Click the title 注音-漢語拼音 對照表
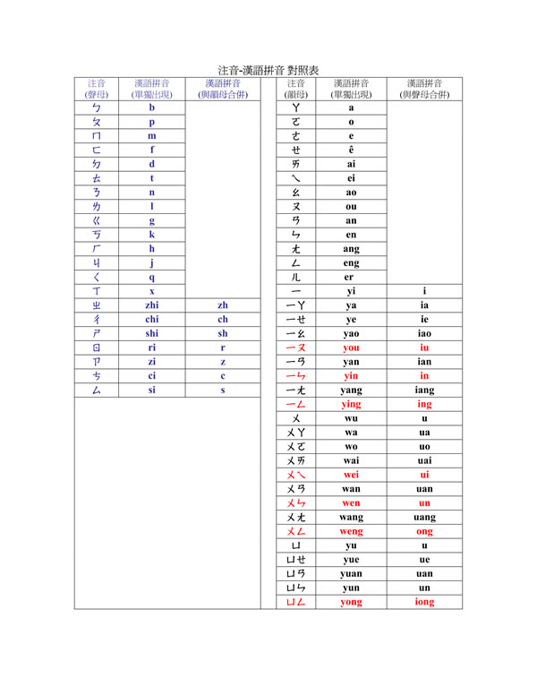pyautogui.click(x=268, y=70)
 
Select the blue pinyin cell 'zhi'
pyautogui.click(x=152, y=305)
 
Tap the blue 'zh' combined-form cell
pyautogui.click(x=223, y=305)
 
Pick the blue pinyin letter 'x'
pyautogui.click(x=152, y=291)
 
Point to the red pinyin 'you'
pyautogui.click(x=351, y=347)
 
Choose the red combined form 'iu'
pyautogui.click(x=424, y=347)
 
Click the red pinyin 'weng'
pyautogui.click(x=351, y=531)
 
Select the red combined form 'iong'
pyautogui.click(x=424, y=602)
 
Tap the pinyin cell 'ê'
pyautogui.click(x=351, y=150)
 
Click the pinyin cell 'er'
pyautogui.click(x=351, y=277)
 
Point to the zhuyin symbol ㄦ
pyautogui.click(x=295, y=277)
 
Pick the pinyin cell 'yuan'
pyautogui.click(x=351, y=573)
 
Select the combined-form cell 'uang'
pyautogui.click(x=424, y=517)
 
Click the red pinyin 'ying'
pyautogui.click(x=351, y=404)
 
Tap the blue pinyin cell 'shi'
pyautogui.click(x=152, y=333)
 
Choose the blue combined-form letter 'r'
pyautogui.click(x=223, y=347)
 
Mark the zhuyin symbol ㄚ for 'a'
pyautogui.click(x=295, y=107)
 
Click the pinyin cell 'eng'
pyautogui.click(x=351, y=262)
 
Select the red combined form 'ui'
pyautogui.click(x=424, y=475)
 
